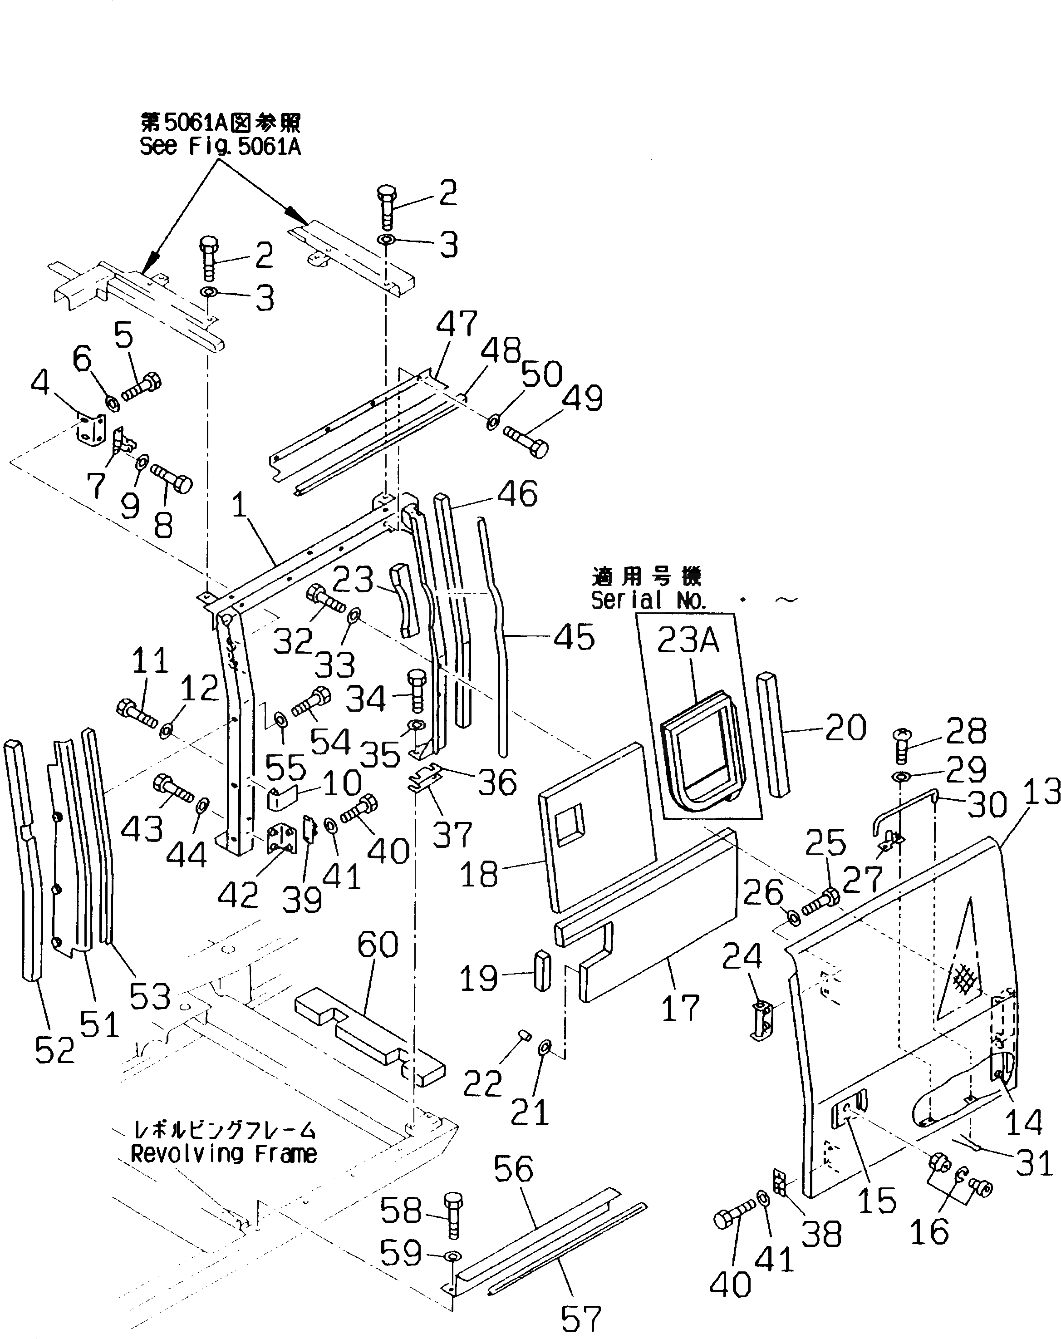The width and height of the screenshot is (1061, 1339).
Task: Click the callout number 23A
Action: coord(688,639)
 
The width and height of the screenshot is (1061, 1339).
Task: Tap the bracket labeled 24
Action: coord(762,1020)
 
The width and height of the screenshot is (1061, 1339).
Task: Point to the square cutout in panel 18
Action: coord(570,825)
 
